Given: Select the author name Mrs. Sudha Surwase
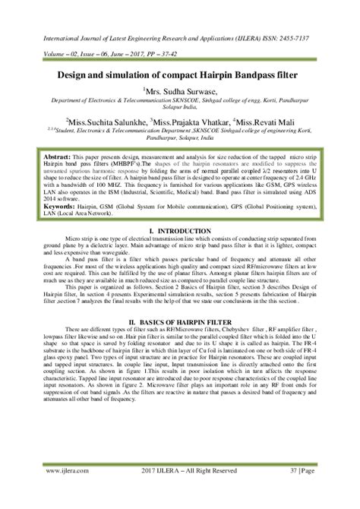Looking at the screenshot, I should point(182,93).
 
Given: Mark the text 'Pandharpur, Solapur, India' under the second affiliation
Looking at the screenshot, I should point(179,138).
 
